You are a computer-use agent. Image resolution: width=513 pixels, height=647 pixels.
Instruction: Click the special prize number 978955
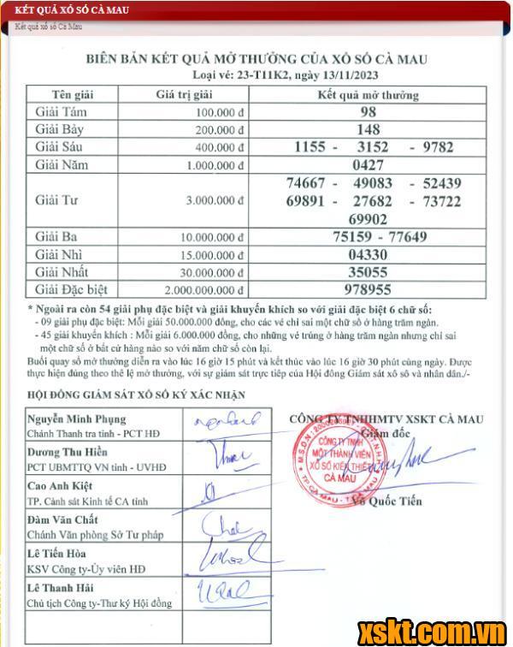point(369,289)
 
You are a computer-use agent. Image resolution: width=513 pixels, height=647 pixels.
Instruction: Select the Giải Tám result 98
point(369,112)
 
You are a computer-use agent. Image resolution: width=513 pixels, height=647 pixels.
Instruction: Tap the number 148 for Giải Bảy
point(369,129)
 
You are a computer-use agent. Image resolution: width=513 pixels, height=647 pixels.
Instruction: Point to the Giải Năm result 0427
point(369,165)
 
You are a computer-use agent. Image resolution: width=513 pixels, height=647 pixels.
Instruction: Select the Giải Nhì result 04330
point(369,254)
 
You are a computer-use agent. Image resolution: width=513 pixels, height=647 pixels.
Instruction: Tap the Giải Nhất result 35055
point(369,271)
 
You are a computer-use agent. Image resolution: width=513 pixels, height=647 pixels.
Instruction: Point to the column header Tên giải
point(73,94)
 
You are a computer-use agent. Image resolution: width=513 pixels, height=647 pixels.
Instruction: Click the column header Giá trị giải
point(183,94)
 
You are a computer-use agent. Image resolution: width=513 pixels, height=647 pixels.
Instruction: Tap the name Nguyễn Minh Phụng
point(76,418)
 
